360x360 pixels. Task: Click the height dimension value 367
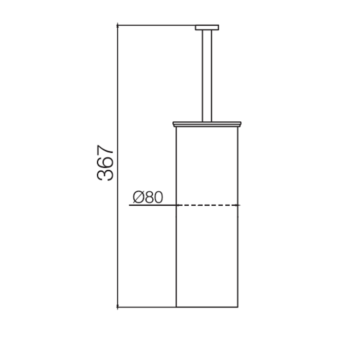pyautogui.click(x=105, y=163)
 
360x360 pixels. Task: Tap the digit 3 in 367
pyautogui.click(x=105, y=174)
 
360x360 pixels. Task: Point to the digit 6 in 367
pyautogui.click(x=105, y=163)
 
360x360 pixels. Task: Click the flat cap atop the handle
pyautogui.click(x=207, y=27)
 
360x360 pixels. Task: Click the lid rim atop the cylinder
pyautogui.click(x=207, y=124)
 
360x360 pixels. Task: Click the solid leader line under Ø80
pyautogui.click(x=152, y=205)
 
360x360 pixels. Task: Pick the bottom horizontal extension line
pyautogui.click(x=147, y=307)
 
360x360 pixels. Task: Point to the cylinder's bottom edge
pyautogui.click(x=207, y=307)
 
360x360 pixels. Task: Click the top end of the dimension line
pyautogui.click(x=118, y=25)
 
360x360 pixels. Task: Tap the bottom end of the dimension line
pyautogui.click(x=118, y=307)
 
